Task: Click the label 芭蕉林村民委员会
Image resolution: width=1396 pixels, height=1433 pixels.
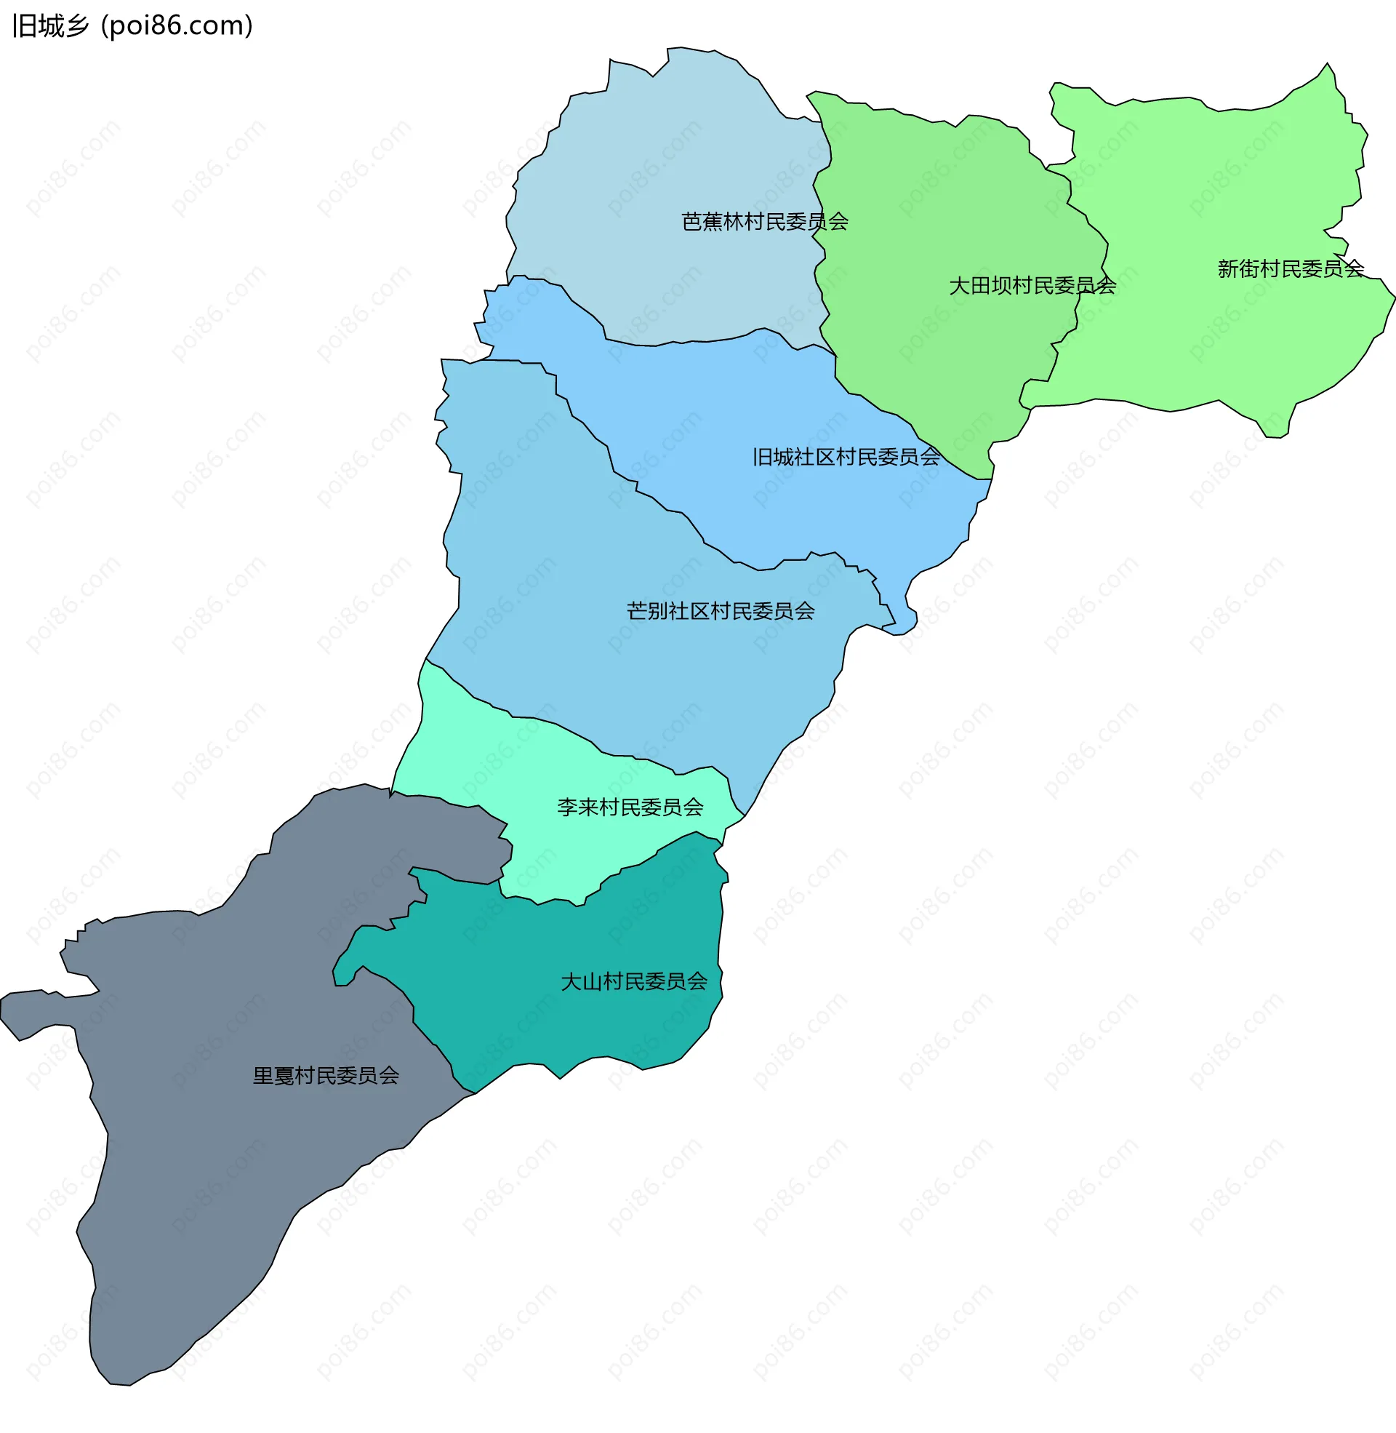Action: tap(765, 221)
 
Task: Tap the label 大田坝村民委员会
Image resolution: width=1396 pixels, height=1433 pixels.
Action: tap(1032, 285)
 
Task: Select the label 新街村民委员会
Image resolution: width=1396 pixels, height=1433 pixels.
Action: tap(1291, 269)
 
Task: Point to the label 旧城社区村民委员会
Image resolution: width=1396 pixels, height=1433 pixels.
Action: tap(846, 457)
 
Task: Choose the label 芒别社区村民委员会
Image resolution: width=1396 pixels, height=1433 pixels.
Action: tap(721, 611)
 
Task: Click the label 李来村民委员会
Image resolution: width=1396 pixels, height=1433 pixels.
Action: tap(630, 807)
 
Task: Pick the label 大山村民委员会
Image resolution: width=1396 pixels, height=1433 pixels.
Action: tap(634, 981)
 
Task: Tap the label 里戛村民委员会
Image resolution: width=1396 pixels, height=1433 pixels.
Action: tap(326, 1076)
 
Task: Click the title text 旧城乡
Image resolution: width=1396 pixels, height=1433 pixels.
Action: tap(51, 26)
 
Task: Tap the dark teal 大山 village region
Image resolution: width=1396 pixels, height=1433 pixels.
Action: tap(557, 1026)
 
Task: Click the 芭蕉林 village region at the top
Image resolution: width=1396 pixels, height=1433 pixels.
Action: tap(660, 147)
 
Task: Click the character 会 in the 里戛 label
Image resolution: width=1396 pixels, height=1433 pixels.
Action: tap(389, 1076)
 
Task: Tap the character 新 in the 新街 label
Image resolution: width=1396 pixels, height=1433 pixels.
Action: tap(1228, 269)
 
